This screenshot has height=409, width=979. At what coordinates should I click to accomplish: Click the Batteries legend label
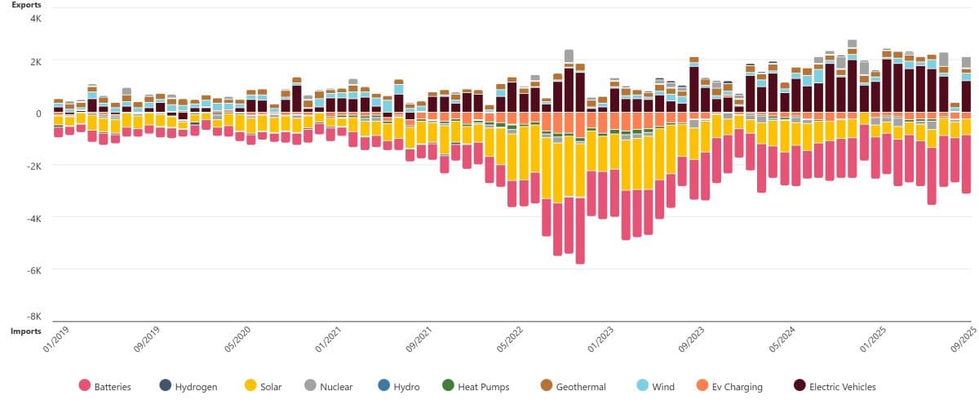click(113, 386)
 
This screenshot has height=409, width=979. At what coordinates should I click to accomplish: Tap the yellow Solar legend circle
click(250, 385)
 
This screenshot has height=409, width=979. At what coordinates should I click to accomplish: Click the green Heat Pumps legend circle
click(447, 385)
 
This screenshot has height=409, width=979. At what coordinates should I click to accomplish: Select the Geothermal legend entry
click(579, 386)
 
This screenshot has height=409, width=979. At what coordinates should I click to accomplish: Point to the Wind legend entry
click(662, 386)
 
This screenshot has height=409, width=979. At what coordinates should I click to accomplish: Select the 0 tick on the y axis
click(38, 113)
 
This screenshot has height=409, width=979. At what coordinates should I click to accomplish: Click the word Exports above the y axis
click(26, 5)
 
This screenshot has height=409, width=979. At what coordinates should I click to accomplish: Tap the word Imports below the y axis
click(26, 331)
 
